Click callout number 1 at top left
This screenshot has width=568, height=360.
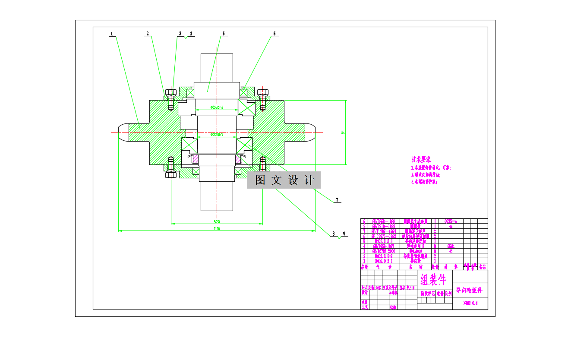(x=112, y=33)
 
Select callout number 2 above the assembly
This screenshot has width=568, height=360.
(x=148, y=33)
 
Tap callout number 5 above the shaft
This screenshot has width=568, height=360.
(x=224, y=33)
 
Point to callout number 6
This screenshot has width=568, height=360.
(x=274, y=33)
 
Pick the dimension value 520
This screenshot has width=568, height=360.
(x=216, y=221)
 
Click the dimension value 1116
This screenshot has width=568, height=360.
(x=217, y=229)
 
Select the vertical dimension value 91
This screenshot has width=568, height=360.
(x=343, y=132)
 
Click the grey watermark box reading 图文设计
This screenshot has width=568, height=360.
(x=284, y=180)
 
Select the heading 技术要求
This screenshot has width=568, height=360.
(x=421, y=159)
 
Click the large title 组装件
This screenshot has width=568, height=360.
(x=433, y=281)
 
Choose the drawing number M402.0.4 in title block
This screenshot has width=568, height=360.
(x=470, y=303)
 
